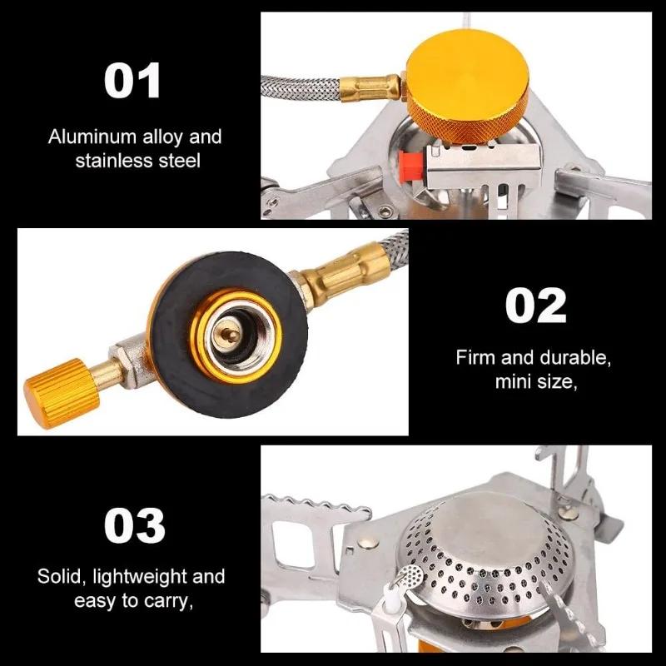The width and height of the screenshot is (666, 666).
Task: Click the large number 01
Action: pos(132,82)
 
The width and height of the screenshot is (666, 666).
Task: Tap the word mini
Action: pos(513,382)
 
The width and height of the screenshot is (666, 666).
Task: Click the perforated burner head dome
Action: pos(474,549)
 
